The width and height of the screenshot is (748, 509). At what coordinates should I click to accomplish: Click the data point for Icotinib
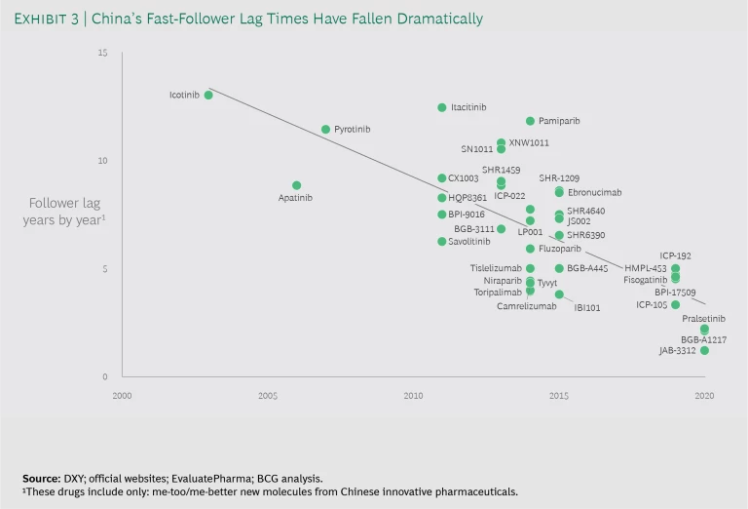(208, 96)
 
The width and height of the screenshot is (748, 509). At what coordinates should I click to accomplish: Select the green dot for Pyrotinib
(326, 129)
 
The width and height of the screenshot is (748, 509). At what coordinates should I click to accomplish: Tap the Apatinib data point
(297, 185)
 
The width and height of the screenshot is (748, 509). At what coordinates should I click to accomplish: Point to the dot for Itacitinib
(442, 107)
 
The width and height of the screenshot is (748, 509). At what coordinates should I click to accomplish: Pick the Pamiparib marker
(530, 121)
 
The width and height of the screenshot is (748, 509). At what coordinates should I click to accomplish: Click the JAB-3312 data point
(704, 351)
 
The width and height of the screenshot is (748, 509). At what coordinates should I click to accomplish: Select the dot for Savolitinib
(442, 242)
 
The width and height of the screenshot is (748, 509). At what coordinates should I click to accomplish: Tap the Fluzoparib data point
(530, 249)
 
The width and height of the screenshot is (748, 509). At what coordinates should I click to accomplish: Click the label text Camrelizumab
(526, 306)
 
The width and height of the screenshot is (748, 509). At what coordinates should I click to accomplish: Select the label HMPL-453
(645, 268)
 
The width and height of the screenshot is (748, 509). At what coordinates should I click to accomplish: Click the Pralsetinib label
(703, 319)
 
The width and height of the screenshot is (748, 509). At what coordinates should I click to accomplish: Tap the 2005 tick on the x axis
(268, 396)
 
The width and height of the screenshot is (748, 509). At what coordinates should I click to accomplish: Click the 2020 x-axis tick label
(705, 396)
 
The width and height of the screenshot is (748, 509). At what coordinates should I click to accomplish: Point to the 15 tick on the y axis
(102, 52)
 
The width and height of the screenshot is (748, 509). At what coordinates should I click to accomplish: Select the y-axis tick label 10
(102, 160)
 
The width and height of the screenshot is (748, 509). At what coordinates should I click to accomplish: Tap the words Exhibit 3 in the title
(54, 19)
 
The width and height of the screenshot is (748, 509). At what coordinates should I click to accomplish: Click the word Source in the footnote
(40, 479)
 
